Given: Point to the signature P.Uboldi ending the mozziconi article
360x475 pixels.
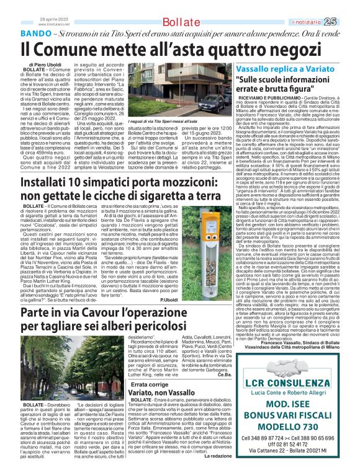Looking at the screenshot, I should click(203, 282).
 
